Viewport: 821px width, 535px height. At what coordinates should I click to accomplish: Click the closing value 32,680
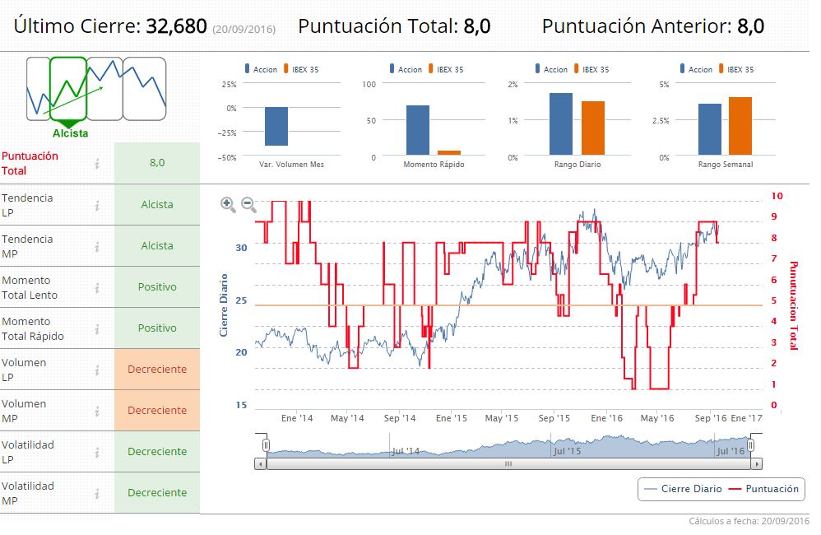(176, 26)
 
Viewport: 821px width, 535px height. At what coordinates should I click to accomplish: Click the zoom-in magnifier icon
(228, 205)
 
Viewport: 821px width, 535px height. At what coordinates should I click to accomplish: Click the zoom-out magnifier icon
(248, 205)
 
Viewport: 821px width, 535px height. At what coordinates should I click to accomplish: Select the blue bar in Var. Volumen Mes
(276, 126)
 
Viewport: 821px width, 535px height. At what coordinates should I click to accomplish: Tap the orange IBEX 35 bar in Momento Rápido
(449, 152)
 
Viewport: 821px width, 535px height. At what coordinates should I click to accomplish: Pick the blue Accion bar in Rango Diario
(561, 123)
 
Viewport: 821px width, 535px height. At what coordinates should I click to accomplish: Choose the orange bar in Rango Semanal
(740, 126)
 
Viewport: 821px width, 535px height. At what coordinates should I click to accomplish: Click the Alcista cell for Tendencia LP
(156, 204)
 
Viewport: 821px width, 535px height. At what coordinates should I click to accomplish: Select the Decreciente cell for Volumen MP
(156, 410)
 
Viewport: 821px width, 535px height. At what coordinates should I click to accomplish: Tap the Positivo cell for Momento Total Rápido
(156, 328)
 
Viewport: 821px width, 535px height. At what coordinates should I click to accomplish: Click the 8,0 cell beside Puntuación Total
(156, 163)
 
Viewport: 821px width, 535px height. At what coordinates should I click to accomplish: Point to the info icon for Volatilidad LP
(97, 451)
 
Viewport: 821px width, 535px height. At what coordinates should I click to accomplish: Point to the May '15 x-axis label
(505, 418)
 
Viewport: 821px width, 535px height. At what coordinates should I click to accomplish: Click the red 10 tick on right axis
(777, 196)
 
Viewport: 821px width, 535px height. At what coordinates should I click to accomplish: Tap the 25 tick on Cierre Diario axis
(241, 300)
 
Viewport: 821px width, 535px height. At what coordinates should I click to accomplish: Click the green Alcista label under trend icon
(70, 133)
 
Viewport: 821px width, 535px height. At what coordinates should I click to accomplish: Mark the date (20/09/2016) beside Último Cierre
(244, 29)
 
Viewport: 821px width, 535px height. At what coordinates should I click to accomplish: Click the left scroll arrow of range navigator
(261, 463)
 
